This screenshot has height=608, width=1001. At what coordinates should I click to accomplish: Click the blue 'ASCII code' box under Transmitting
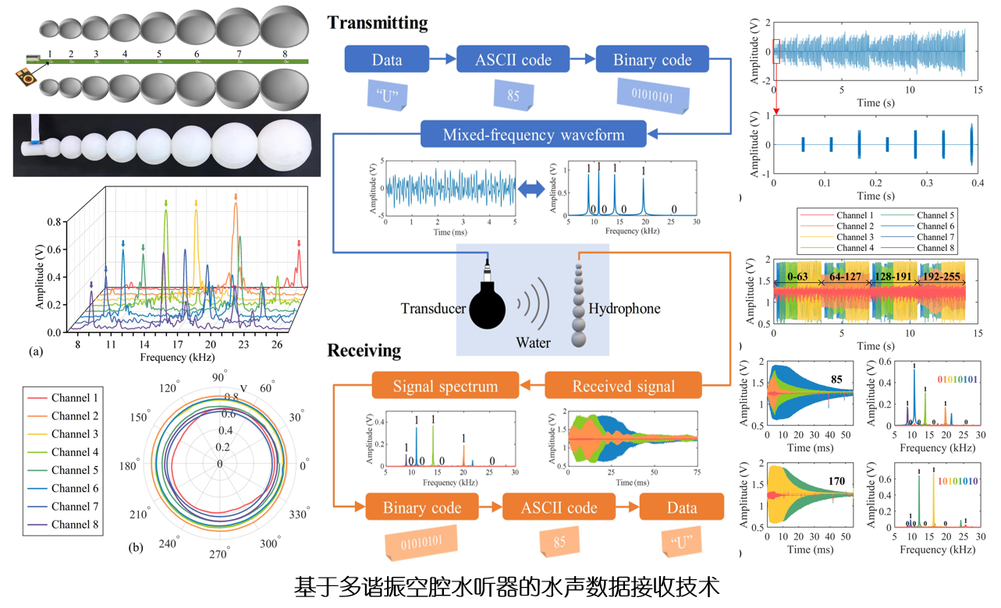(x=514, y=60)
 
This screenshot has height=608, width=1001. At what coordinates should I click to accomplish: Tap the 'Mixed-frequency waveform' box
(x=534, y=134)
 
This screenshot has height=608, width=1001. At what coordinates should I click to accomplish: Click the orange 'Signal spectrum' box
(x=445, y=386)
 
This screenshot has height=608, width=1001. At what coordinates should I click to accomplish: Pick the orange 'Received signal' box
(x=622, y=386)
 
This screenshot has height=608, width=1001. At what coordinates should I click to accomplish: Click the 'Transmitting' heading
(x=378, y=23)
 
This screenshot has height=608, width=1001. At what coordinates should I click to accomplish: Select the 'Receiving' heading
(x=364, y=351)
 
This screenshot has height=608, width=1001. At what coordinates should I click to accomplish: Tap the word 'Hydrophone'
(x=624, y=309)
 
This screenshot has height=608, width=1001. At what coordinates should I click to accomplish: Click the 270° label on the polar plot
(x=218, y=554)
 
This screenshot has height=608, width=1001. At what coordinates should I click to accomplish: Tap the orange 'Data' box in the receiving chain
(x=681, y=507)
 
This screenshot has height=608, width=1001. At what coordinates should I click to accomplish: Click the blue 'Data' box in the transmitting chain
(x=387, y=60)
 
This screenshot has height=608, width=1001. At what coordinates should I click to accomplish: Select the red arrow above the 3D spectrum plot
(x=298, y=246)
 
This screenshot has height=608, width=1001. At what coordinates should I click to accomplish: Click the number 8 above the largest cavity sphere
(x=285, y=54)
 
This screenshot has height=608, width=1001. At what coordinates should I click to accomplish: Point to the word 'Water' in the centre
(x=532, y=342)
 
